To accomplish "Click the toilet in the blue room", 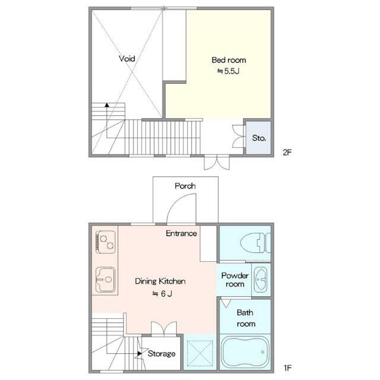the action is [255, 243].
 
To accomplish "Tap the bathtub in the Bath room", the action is [245, 352].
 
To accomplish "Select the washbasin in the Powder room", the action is [261, 279].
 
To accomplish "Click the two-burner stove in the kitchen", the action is [106, 242].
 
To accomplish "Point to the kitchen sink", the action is [106, 280].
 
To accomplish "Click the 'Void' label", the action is [127, 58].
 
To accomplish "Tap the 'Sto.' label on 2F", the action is [259, 138].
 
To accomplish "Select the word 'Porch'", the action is [185, 186].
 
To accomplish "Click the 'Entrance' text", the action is [181, 233].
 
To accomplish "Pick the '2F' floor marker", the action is [287, 152].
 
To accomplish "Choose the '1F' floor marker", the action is [287, 368].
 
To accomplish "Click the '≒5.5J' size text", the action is [228, 71].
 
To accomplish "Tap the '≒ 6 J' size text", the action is [162, 294].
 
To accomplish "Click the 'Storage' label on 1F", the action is [161, 354].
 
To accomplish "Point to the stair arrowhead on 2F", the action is [107, 105].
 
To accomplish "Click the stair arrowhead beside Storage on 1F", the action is [140, 354].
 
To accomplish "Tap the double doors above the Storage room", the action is [164, 329].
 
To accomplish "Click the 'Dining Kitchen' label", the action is [160, 281].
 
